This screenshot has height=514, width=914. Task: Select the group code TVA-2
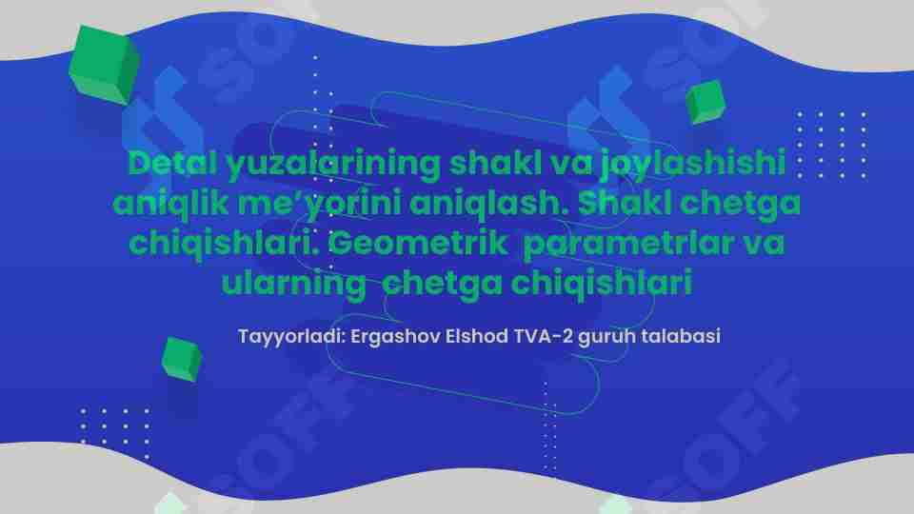(x=541, y=337)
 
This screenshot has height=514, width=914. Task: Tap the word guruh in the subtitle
(x=606, y=337)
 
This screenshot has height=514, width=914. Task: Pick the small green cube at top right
(x=705, y=102)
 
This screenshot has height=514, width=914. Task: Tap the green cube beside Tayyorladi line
(x=181, y=358)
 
